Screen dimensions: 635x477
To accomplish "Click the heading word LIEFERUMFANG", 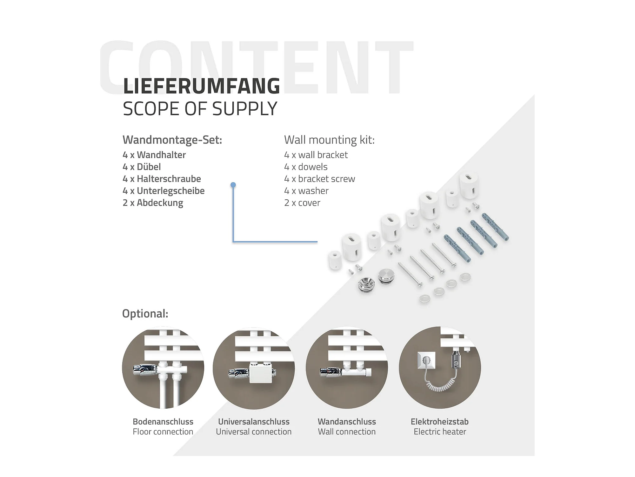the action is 201,86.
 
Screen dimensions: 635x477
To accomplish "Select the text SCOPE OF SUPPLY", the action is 200,109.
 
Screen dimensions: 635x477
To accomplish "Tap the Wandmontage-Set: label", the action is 172,140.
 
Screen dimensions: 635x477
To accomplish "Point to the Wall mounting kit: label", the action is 329,140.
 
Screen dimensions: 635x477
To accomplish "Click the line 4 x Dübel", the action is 142,167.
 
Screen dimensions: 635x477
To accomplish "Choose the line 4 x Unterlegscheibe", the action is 164,191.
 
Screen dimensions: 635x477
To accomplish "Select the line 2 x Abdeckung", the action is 153,203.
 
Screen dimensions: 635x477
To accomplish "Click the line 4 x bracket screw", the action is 319,179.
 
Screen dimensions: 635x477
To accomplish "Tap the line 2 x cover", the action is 302,203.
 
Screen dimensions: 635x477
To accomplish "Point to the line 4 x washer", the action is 306,191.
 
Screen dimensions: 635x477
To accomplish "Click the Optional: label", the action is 145,314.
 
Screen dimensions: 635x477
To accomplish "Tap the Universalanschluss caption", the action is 254,422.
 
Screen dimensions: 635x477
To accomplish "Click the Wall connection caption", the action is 347,432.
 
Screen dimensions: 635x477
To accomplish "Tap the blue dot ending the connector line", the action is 233,185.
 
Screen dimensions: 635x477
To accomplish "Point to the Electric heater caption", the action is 440,432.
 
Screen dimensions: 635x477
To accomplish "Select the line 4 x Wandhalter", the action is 154,155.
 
